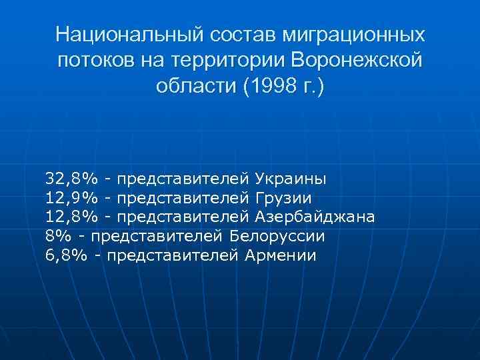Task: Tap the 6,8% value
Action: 66,255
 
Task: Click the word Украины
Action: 291,179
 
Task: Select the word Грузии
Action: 283,198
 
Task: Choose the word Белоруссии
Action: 277,236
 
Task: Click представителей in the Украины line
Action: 185,179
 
